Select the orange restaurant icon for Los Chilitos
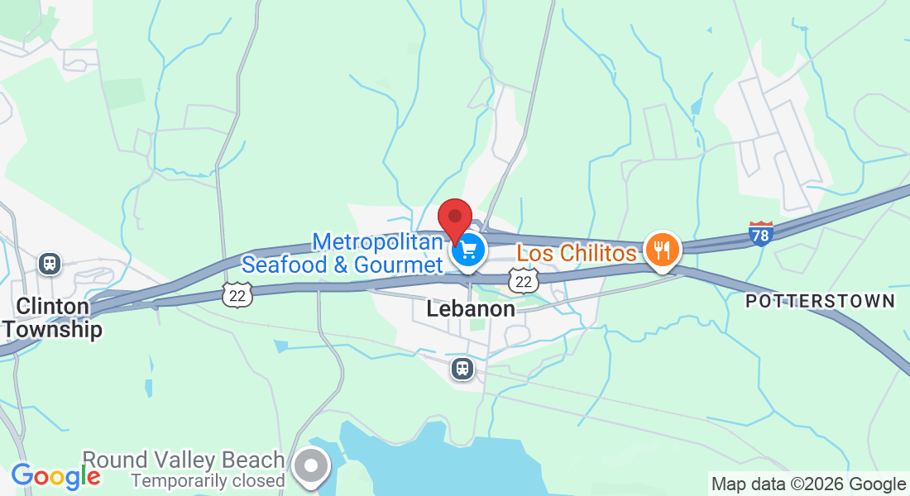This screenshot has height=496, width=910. pos(661,249)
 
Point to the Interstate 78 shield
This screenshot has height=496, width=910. pos(761,234)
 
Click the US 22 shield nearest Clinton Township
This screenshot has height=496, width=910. pos(237,293)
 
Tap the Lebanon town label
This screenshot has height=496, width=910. pos(471,309)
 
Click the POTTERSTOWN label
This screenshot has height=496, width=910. pos(820,301)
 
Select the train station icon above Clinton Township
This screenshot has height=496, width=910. pos(50,264)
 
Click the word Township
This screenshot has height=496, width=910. pos(52,329)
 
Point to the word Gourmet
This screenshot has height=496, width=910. pos(399,265)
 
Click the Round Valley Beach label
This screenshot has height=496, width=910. pos(183,460)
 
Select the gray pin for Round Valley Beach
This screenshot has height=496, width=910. pos(312,465)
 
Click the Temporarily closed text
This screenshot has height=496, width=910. pos(208,479)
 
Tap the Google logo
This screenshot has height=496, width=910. pos(55,476)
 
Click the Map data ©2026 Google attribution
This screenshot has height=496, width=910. pos(808,484)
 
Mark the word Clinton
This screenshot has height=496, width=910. pos(53,307)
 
